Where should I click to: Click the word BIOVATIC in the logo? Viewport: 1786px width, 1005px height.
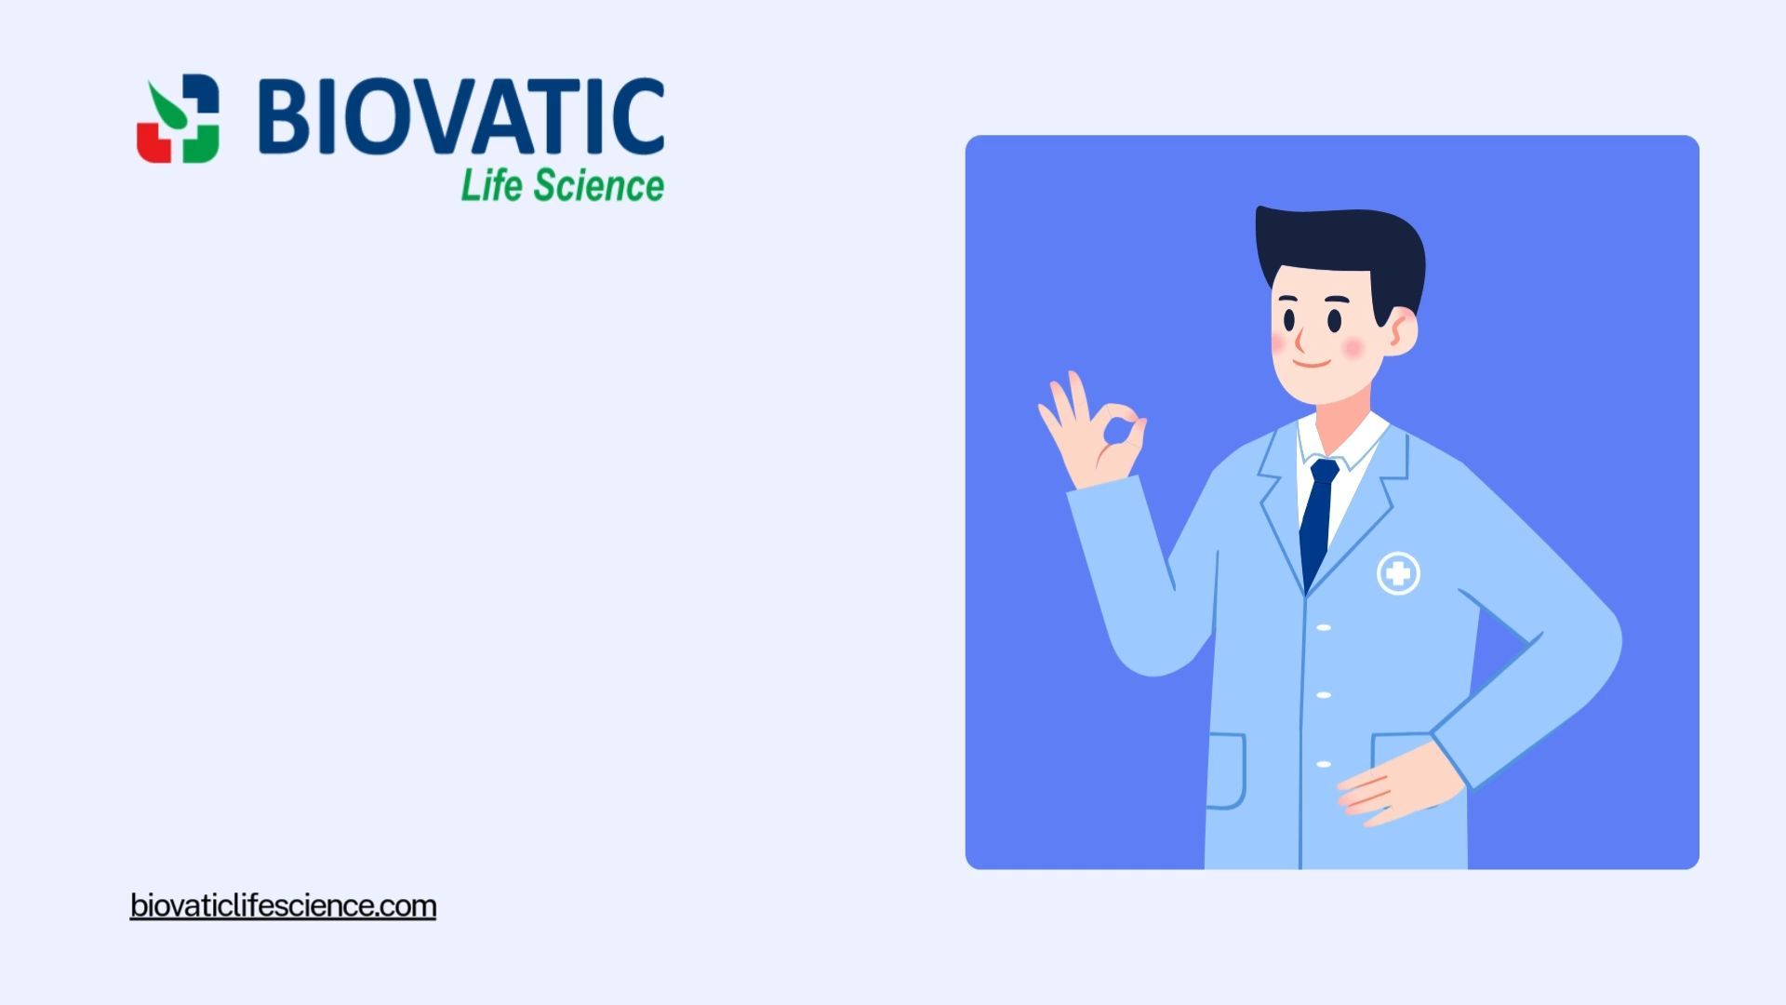click(x=461, y=116)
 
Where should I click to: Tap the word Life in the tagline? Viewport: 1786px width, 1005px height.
click(x=491, y=185)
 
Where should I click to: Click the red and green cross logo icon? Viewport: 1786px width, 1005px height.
click(x=178, y=119)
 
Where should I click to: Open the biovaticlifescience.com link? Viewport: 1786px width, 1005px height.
click(x=283, y=905)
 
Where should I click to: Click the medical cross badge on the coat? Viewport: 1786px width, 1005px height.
click(x=1398, y=573)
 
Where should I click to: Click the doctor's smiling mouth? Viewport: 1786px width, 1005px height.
click(x=1312, y=361)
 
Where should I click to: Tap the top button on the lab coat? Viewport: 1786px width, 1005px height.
click(x=1324, y=628)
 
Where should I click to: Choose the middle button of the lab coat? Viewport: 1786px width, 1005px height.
click(x=1324, y=695)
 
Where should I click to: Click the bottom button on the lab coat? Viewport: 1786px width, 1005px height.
click(x=1324, y=765)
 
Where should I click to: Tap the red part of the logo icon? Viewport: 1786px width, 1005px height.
click(x=153, y=141)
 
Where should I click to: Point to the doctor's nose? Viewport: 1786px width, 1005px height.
click(x=1300, y=337)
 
